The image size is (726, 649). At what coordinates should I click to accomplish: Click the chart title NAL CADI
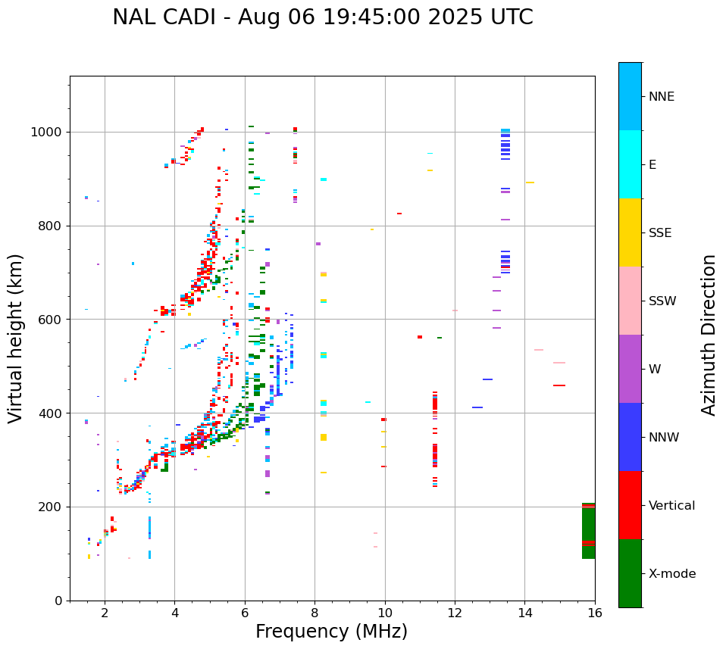322,17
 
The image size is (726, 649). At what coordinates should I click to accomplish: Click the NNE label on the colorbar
661,97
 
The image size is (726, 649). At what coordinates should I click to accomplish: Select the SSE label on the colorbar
659,233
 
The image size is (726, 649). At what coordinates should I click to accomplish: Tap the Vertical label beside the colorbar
671,506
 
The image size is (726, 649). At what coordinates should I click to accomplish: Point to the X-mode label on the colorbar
671,574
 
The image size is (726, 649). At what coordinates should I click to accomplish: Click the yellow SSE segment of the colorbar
630,232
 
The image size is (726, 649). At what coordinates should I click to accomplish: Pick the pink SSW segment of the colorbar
630,301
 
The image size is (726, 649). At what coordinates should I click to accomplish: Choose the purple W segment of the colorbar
630,369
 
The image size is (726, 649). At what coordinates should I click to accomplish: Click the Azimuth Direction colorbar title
709,335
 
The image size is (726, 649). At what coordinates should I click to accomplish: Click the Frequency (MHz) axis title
331,632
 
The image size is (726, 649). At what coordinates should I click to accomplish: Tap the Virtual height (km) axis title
16,338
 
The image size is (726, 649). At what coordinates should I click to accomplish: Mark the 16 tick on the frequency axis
594,613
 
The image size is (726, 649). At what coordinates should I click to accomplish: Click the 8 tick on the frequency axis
314,613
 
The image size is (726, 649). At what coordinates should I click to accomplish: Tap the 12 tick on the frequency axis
455,613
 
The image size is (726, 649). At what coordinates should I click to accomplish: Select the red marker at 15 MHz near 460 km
559,385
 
